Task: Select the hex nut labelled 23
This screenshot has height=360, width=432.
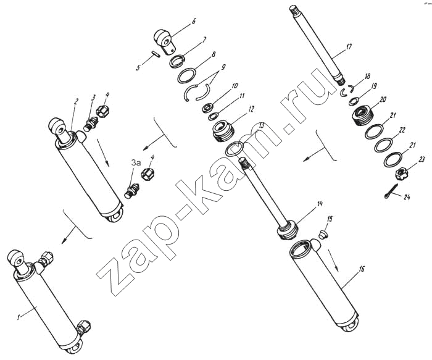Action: click(401, 174)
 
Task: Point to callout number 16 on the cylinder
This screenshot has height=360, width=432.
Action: click(362, 269)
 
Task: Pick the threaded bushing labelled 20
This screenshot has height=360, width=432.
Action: click(363, 115)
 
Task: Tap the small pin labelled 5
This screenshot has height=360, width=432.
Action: click(156, 54)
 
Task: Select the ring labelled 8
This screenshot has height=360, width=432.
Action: click(186, 75)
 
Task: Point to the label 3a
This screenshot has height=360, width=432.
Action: click(136, 163)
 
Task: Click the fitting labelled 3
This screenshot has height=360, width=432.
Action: click(90, 125)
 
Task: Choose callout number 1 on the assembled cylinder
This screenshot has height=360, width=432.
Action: click(19, 317)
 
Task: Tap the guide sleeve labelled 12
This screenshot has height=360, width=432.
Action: click(223, 132)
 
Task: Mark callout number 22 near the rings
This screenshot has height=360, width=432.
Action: click(403, 130)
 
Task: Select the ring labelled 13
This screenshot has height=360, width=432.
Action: click(235, 148)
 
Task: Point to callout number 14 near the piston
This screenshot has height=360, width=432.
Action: click(320, 204)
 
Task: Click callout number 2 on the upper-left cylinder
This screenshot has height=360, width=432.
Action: click(76, 101)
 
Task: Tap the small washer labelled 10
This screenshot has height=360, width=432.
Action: click(207, 107)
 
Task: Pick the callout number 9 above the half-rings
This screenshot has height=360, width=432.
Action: click(223, 67)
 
